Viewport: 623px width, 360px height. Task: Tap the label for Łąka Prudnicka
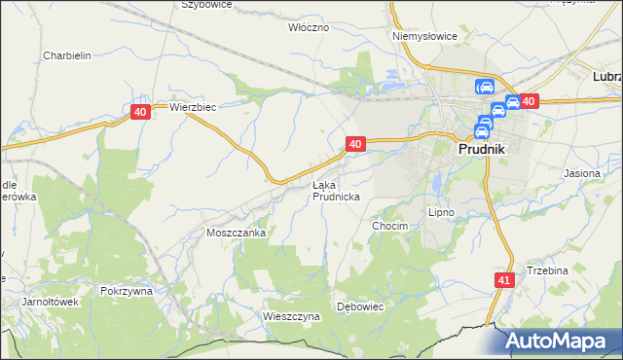point(337,191)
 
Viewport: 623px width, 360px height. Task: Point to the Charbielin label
point(67,55)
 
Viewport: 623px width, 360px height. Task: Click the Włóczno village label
point(309,27)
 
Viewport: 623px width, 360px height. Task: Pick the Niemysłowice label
point(424,36)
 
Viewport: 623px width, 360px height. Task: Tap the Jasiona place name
point(582,173)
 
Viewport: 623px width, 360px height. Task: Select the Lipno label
point(442,211)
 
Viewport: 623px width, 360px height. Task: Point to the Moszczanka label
point(236,234)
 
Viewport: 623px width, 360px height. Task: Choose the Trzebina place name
point(547,270)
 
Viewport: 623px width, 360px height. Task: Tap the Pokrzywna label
point(127,291)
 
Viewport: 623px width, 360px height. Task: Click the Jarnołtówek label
point(50,302)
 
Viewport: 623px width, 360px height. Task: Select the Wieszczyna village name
point(291,316)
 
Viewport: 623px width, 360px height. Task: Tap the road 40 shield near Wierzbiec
point(141,113)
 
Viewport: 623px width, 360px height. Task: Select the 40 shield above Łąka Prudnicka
point(354,144)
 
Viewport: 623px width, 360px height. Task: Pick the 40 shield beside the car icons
point(529,101)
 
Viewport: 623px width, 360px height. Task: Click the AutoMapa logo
point(562,341)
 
